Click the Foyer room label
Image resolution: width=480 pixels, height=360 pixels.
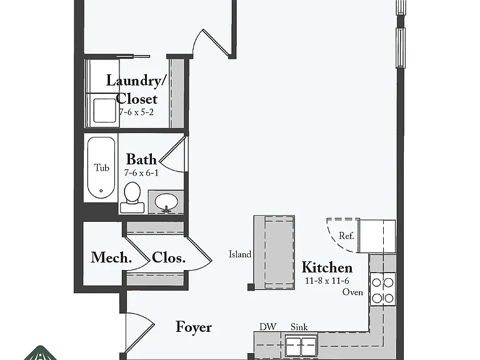194,327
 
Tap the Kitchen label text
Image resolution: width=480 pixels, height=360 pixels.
327,267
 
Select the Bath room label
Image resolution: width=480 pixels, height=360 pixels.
141,159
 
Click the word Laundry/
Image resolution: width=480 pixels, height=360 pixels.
136,81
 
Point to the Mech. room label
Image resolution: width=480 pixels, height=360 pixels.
111,257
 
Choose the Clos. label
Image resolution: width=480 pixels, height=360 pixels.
169,257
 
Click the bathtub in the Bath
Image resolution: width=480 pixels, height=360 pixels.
101,167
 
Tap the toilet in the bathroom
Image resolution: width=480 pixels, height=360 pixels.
132,197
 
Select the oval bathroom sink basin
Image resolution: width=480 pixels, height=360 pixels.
166,202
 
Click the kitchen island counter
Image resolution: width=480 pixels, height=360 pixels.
274,252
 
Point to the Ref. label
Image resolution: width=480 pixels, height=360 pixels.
346,236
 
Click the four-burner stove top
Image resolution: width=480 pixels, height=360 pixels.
382,289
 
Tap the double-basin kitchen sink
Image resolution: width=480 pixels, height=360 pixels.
301,345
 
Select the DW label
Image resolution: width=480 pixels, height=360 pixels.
268,327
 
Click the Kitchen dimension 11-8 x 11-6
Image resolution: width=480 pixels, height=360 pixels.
327,281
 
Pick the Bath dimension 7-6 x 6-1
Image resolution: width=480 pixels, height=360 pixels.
141,173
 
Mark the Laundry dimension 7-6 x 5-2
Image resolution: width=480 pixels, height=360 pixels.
136,112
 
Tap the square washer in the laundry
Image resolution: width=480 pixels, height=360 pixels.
105,111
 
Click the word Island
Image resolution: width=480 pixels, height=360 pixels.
240,254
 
